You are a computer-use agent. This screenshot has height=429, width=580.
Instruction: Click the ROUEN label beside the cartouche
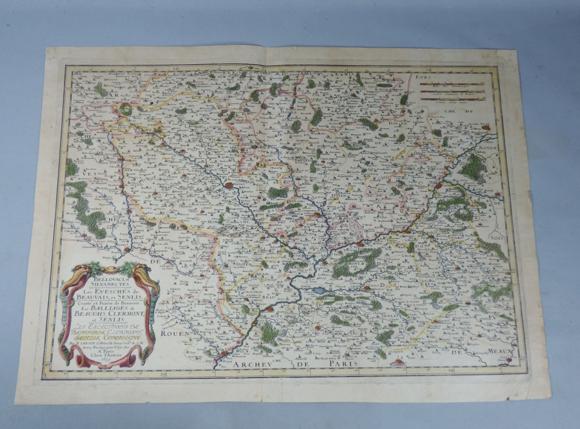pyautogui.click(x=172, y=334)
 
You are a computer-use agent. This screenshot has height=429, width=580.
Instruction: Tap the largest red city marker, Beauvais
pyautogui.click(x=229, y=185)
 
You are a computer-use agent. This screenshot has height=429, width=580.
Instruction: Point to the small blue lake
pyautogui.click(x=321, y=290)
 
